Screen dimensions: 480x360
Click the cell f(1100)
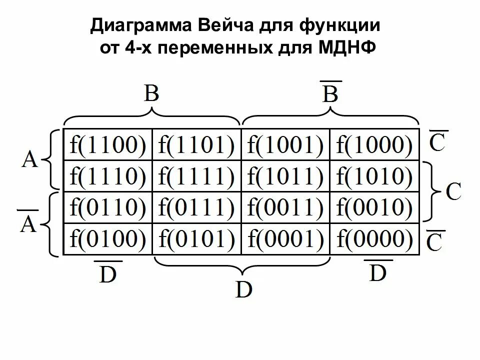point(107,145)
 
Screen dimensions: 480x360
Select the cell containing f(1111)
point(196,175)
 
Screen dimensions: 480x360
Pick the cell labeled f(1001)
point(285,145)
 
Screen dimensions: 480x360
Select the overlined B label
point(330,93)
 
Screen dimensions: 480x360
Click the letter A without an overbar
point(29,160)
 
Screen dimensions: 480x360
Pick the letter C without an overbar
point(452,191)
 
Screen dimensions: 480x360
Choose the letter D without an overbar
point(244,289)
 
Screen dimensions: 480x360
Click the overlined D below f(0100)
point(107,274)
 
